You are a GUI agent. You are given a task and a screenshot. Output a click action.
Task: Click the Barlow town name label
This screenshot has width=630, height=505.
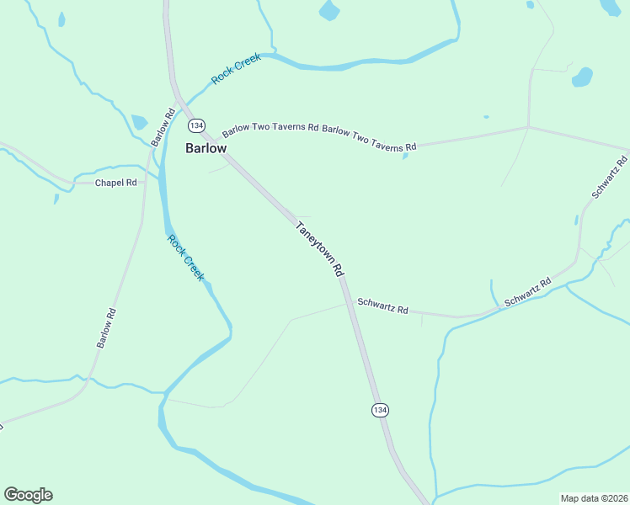point(206,148)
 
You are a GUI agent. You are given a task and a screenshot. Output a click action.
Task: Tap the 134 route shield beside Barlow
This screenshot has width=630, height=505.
point(196,125)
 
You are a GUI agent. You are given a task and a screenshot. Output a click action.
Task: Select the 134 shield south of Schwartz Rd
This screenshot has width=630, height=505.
point(380,409)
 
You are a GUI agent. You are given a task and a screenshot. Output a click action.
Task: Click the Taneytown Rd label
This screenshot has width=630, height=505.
point(320,249)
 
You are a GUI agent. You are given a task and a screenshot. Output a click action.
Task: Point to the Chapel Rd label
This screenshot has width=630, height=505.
point(115,183)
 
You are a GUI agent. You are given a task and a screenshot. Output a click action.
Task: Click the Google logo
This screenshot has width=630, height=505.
point(28,495)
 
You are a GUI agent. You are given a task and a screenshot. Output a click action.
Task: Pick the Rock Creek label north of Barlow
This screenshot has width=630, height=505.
point(236,68)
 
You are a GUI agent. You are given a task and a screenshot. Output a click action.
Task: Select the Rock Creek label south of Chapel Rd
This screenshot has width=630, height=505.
point(185,258)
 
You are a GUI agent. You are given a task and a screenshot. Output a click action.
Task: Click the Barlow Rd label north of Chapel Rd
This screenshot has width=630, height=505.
point(164,127)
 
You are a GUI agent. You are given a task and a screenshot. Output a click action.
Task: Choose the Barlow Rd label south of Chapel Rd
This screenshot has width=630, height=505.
point(105,328)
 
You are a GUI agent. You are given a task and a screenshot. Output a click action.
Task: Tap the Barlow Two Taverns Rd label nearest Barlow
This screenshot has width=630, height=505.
point(270,130)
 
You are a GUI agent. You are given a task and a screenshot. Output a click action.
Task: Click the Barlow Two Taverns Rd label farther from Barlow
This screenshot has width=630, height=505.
point(369,139)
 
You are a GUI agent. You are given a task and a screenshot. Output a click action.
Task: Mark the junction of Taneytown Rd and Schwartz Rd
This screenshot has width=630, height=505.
point(347,303)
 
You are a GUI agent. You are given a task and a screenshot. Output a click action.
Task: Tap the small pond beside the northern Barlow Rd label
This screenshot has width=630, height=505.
point(140,123)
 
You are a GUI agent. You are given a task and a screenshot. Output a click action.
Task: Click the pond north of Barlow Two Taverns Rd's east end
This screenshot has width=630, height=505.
point(582,77)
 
